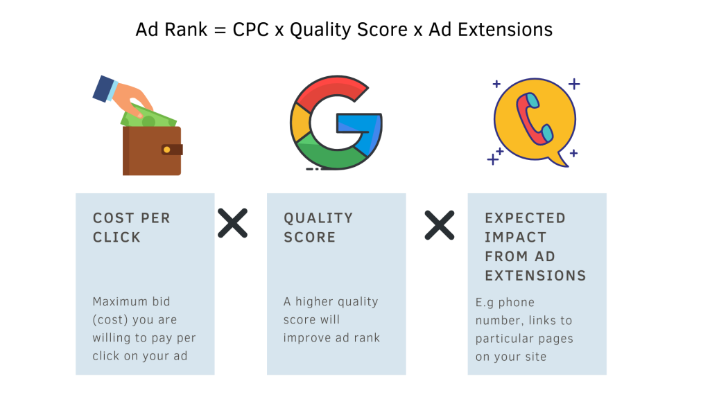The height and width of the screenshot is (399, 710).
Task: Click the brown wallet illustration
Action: [x=153, y=151]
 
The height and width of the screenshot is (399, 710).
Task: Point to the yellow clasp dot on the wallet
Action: [x=166, y=149]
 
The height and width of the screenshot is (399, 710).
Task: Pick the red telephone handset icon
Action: [x=534, y=118]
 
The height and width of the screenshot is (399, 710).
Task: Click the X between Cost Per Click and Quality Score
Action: [x=233, y=224]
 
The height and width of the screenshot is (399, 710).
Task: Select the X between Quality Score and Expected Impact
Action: [x=440, y=224]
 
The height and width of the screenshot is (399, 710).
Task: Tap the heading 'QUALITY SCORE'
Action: [x=318, y=227]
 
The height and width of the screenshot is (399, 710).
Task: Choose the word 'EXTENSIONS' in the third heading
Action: [x=535, y=275]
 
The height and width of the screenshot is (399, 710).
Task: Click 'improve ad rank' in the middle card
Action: [x=332, y=338]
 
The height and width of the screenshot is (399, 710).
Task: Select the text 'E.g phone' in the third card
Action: [x=505, y=303]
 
